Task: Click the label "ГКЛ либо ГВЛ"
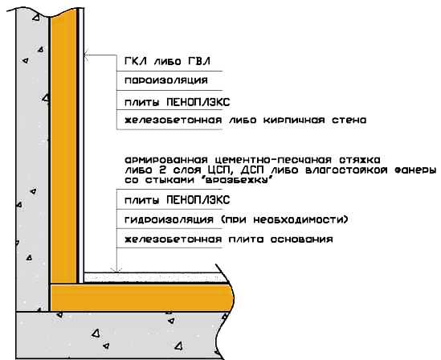point(167,61)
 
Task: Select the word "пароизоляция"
point(166,80)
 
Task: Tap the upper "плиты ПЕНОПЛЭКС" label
point(178,102)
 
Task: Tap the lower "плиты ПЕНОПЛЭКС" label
point(178,200)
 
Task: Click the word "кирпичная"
point(294,121)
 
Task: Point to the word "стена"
point(349,121)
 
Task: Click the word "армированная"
point(166,161)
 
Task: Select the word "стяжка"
point(360,160)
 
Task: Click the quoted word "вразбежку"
point(239,180)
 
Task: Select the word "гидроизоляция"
point(169,219)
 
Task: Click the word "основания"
point(301,239)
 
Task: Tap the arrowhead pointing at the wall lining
point(86,55)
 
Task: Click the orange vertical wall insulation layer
point(63,146)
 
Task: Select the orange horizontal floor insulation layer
point(141,298)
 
